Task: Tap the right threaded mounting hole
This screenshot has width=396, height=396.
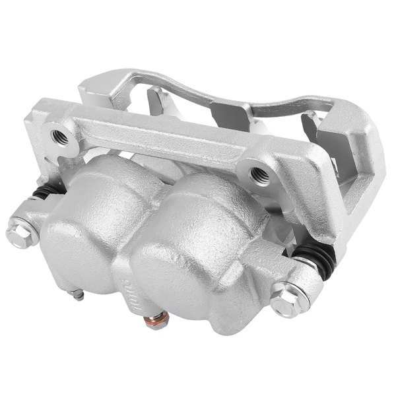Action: [x=257, y=174]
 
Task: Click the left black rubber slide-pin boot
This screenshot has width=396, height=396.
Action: [x=44, y=191]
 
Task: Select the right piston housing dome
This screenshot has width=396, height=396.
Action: [x=191, y=251]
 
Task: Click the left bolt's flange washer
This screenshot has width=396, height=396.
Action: [x=26, y=234]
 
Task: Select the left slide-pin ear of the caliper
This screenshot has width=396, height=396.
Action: [x=33, y=218]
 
